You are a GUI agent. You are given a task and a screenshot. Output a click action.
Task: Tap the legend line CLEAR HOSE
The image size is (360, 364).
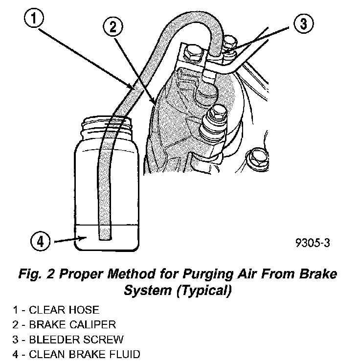pos(56,310)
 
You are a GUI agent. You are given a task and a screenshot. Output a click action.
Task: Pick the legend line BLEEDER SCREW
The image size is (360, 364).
pos(68,339)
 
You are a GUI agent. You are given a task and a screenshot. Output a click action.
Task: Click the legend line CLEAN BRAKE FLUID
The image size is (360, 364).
pos(77,354)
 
